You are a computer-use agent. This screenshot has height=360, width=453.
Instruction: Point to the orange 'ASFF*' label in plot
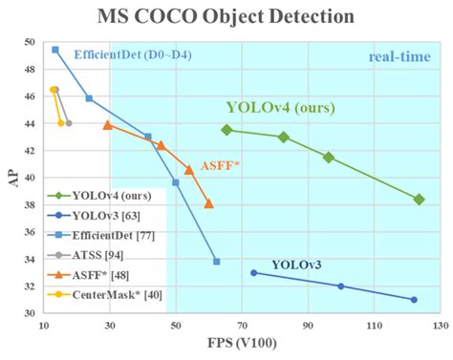(220, 165)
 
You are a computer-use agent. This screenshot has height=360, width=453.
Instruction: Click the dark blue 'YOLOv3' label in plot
(296, 264)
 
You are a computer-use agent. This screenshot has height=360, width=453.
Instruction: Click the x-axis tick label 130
(438, 327)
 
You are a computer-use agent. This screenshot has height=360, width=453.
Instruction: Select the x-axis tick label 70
(241, 327)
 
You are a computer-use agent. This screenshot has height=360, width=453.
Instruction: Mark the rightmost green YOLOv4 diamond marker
(419, 200)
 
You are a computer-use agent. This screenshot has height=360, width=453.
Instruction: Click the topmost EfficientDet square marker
(55, 50)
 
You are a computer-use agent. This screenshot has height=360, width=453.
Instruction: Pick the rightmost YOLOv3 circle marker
(414, 300)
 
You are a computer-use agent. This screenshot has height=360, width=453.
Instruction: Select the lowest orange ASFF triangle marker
(209, 203)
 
